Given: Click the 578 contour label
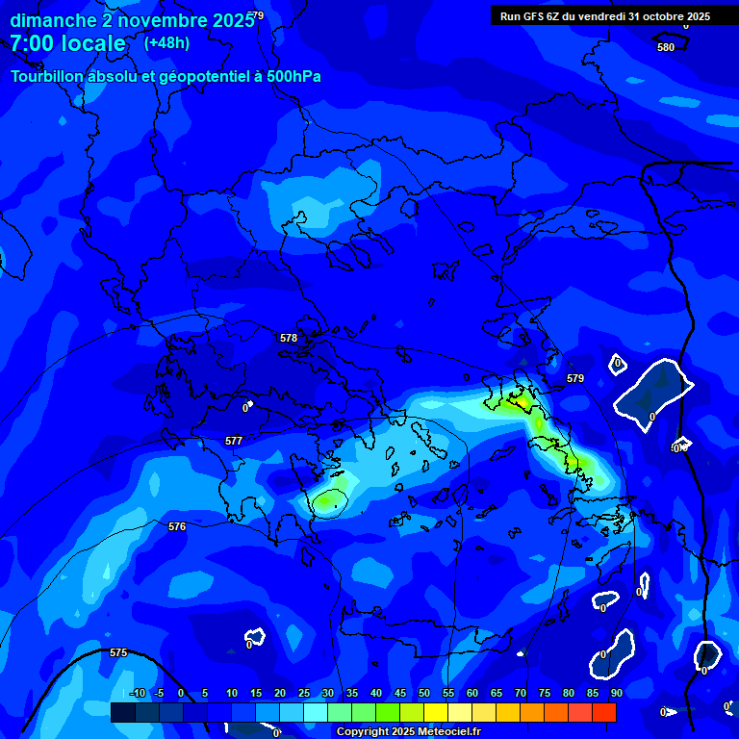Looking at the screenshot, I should [289, 338].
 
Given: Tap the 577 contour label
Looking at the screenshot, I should [234, 441].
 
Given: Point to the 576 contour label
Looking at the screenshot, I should [177, 526].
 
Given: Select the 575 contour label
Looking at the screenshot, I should [118, 652].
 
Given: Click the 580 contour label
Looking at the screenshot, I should [666, 47].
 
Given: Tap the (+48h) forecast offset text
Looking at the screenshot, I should [166, 43].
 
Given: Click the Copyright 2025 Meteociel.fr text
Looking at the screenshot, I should [408, 732].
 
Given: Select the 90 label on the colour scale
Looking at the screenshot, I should [616, 693].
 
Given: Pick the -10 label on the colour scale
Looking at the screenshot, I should [138, 693].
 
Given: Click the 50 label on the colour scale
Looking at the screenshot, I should [424, 693].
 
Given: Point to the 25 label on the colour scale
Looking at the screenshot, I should [304, 693].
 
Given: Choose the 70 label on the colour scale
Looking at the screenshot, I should [521, 693].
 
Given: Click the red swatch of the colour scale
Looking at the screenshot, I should [604, 712].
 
